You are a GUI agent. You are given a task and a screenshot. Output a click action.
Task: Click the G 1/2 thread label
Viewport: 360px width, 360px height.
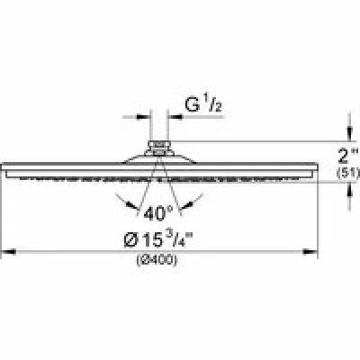click(203, 104)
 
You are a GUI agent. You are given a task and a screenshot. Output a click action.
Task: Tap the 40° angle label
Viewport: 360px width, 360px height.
click(158, 213)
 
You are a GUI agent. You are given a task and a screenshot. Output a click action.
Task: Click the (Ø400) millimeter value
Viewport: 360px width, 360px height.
click(157, 260)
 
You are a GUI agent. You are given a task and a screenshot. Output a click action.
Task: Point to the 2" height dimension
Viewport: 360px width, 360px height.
click(348, 157)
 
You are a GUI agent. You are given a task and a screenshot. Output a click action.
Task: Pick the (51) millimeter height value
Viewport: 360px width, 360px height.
click(348, 173)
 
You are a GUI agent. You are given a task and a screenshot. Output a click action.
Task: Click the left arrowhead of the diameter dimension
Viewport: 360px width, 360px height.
click(8, 251)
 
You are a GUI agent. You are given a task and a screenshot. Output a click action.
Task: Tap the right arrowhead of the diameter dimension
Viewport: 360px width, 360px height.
click(310, 251)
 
